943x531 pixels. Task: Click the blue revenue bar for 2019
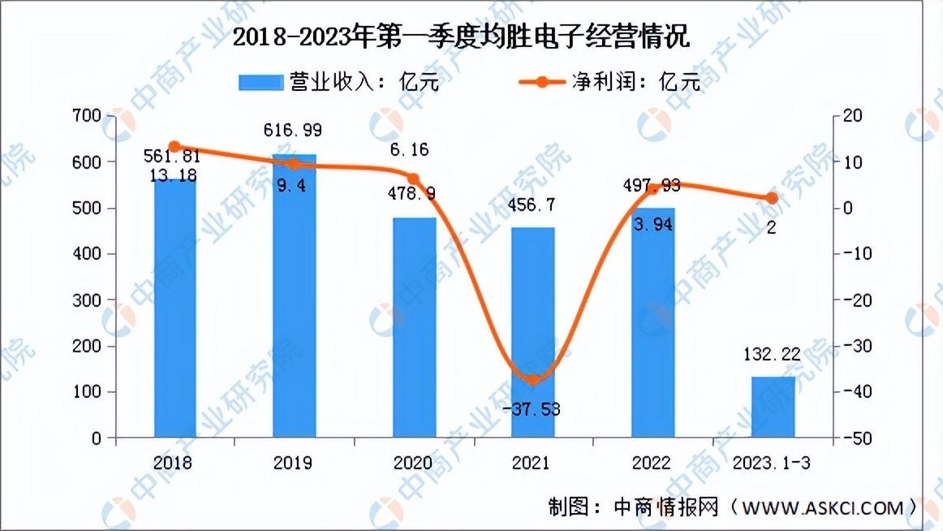tap(295, 296)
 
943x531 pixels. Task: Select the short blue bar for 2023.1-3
tap(772, 408)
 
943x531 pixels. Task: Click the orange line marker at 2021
tap(533, 379)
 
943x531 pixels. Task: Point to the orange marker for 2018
tap(174, 147)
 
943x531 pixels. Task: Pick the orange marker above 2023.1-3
tap(772, 198)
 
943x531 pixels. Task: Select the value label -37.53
tap(533, 408)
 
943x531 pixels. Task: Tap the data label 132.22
tap(772, 354)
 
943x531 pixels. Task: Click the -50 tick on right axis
tap(859, 438)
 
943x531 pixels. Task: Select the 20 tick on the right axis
tap(854, 117)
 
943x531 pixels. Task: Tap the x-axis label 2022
tap(652, 463)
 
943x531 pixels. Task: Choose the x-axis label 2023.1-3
tap(772, 463)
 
